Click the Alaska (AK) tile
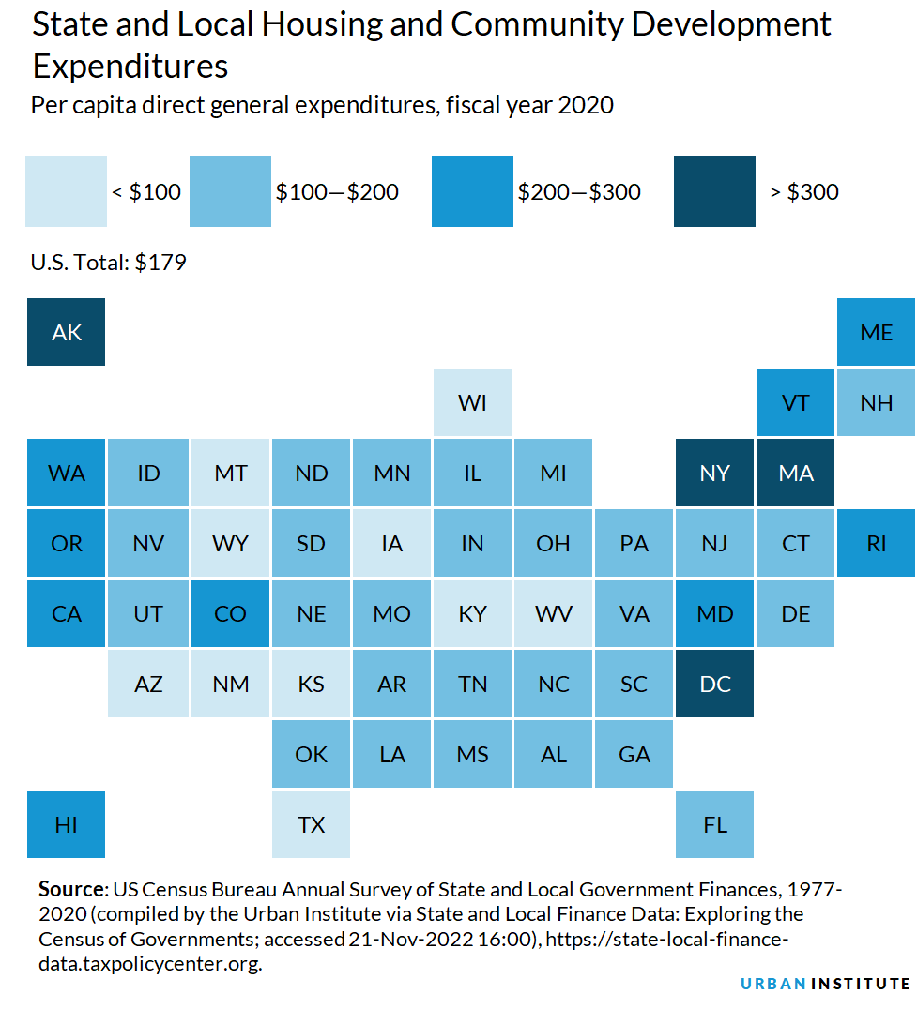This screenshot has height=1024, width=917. click(66, 332)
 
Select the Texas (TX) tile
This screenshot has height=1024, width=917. click(311, 824)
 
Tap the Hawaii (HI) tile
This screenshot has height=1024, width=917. click(66, 824)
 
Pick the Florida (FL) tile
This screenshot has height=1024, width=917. click(714, 824)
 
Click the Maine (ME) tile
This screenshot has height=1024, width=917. click(876, 332)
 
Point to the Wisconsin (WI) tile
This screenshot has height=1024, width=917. click(472, 402)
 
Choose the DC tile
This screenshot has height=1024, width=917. click(714, 684)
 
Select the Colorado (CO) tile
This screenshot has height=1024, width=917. click(230, 613)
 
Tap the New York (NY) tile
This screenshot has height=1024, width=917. click(714, 473)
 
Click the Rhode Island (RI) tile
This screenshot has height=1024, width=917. click(876, 543)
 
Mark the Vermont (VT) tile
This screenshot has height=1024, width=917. click(795, 402)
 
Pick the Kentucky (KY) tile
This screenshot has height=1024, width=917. click(472, 613)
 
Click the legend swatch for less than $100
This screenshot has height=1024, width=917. click(66, 191)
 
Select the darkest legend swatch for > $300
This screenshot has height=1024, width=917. click(714, 191)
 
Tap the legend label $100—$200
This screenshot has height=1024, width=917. click(337, 192)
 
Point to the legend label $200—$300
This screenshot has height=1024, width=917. click(579, 192)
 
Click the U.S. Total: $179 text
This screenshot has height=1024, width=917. click(108, 263)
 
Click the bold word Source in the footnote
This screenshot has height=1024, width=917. click(72, 888)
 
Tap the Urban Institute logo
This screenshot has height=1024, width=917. click(825, 984)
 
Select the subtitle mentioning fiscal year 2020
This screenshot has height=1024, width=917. click(322, 105)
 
